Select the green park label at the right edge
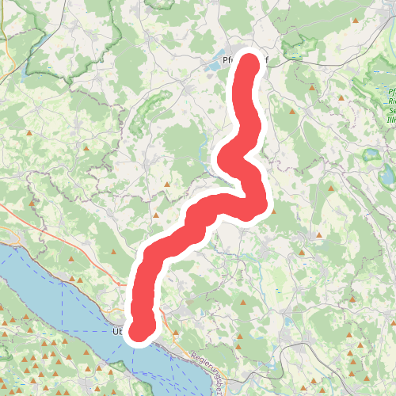click(391, 107)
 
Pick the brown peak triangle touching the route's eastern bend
click(272, 211)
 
